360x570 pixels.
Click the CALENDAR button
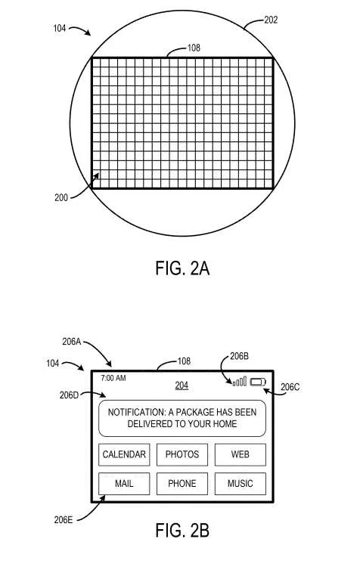tap(124, 454)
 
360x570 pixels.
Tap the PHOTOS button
tap(182, 454)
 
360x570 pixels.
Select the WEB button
tap(241, 454)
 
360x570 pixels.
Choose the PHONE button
tap(182, 484)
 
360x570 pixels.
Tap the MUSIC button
tap(241, 484)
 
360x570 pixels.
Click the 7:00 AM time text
tap(113, 378)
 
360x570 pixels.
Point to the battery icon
tap(258, 382)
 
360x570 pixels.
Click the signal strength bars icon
tap(240, 381)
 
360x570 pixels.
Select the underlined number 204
tap(182, 386)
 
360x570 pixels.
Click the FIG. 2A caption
tap(182, 268)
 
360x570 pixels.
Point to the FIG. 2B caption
tap(182, 531)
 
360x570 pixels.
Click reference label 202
tap(271, 20)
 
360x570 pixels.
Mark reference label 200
tap(61, 197)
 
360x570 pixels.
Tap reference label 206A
tap(72, 342)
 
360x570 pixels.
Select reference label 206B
tap(239, 356)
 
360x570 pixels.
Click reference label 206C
tap(290, 387)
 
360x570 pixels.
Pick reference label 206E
tap(64, 520)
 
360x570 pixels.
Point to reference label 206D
tap(69, 395)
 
